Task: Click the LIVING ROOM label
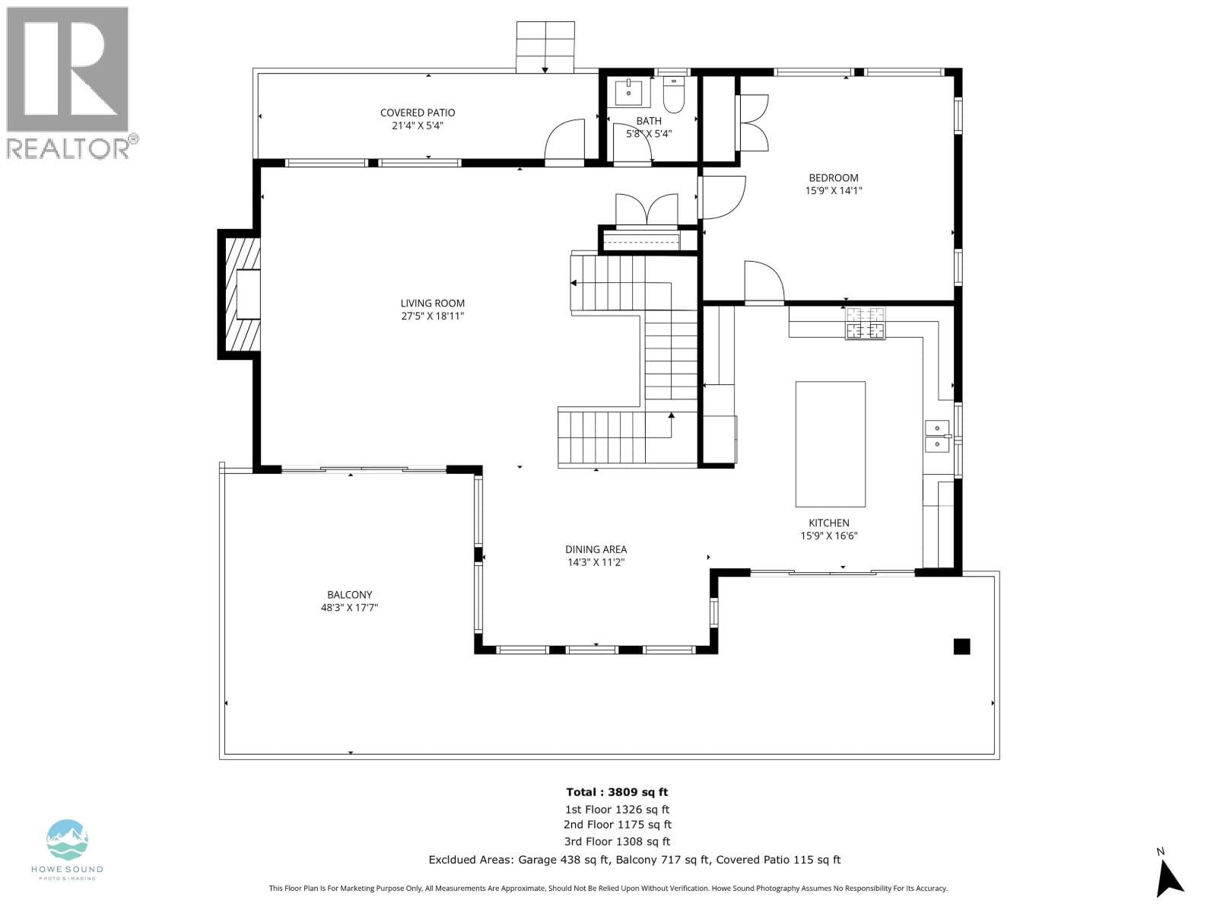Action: [x=433, y=304]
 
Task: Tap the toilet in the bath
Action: [x=674, y=94]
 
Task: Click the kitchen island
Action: [x=830, y=444]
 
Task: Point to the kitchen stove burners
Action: [x=865, y=323]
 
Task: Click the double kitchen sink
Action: [x=937, y=436]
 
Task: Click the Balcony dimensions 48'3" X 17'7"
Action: [x=349, y=608]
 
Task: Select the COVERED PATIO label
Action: [x=418, y=113]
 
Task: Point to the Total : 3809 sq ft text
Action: [x=617, y=792]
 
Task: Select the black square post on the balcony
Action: [x=961, y=647]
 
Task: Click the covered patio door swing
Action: [x=564, y=142]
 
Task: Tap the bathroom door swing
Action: [x=633, y=144]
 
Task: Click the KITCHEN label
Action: [x=829, y=523]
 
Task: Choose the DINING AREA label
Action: [x=596, y=549]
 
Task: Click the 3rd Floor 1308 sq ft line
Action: [x=617, y=841]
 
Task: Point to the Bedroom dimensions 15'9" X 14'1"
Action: [x=834, y=191]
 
